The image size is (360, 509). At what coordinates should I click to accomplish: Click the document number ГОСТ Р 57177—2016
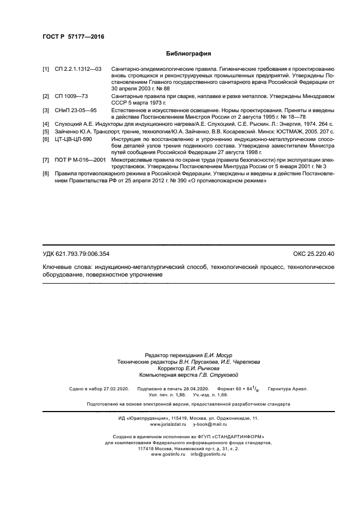pyautogui.click(x=73, y=36)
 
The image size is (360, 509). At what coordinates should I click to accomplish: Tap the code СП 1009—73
pyautogui.click(x=71, y=96)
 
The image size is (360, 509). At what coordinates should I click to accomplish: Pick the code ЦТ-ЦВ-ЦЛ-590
pyautogui.click(x=74, y=139)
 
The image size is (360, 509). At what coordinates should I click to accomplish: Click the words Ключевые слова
pyautogui.click(x=67, y=268)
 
